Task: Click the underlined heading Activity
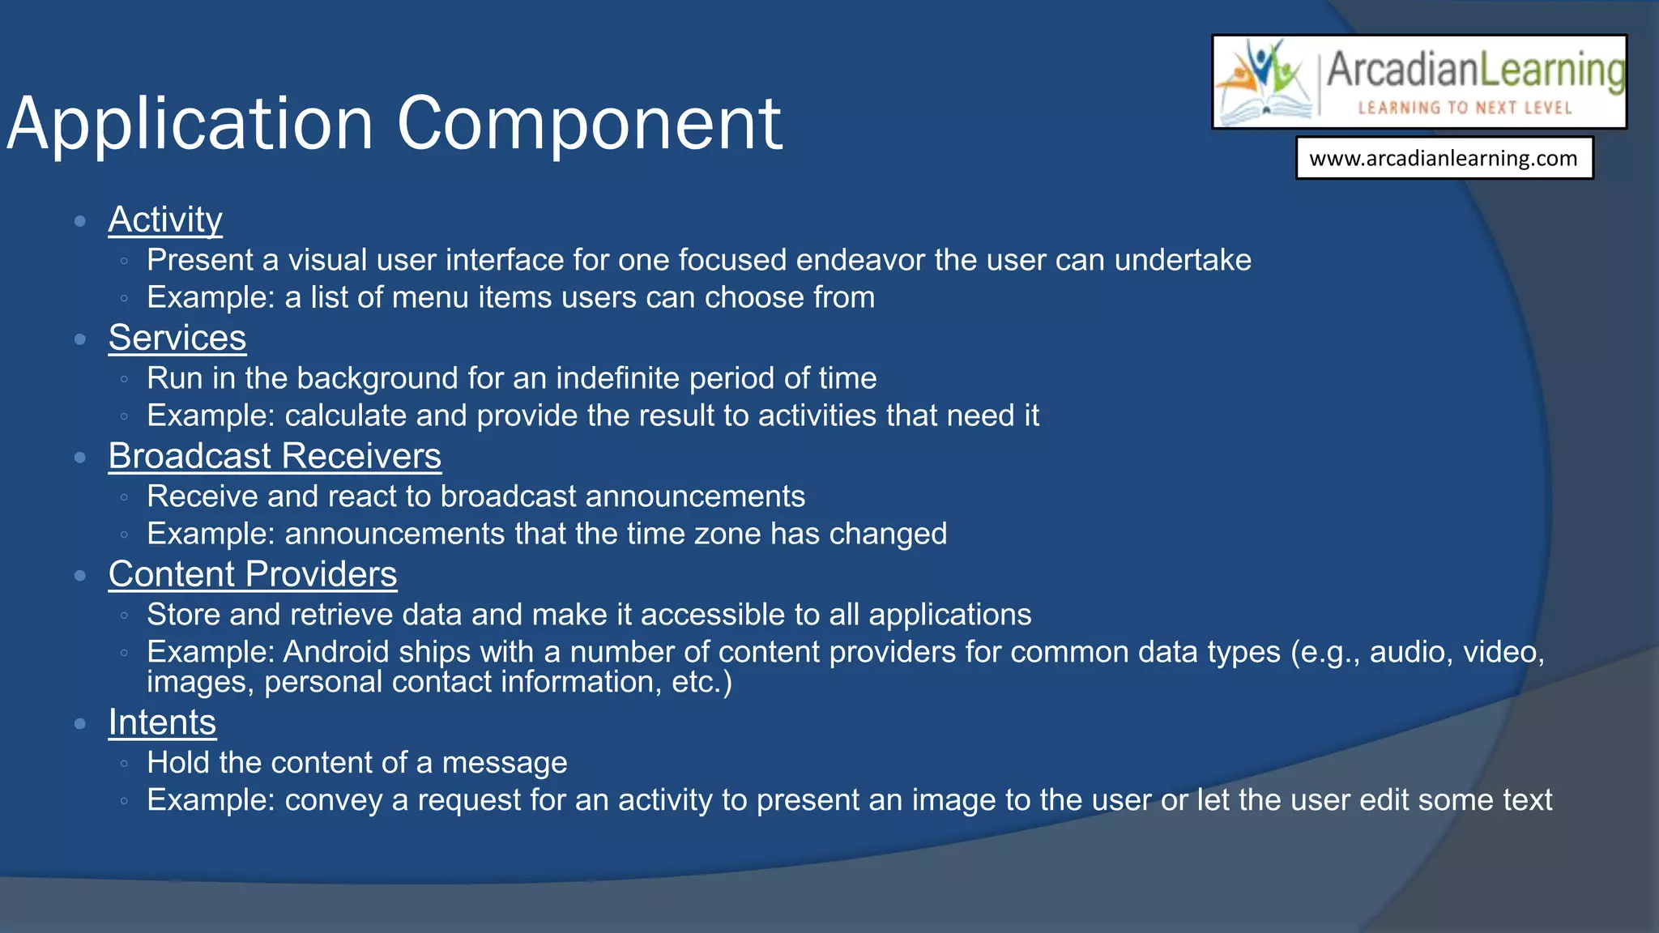click(x=165, y=220)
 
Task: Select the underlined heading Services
click(x=177, y=339)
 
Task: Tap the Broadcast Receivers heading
click(x=275, y=457)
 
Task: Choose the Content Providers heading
click(x=252, y=575)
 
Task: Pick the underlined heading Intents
click(x=162, y=723)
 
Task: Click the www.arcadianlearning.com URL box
click(x=1444, y=158)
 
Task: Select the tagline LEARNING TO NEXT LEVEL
click(x=1465, y=108)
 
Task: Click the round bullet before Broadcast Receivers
click(x=79, y=458)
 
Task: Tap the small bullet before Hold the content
click(x=124, y=763)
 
